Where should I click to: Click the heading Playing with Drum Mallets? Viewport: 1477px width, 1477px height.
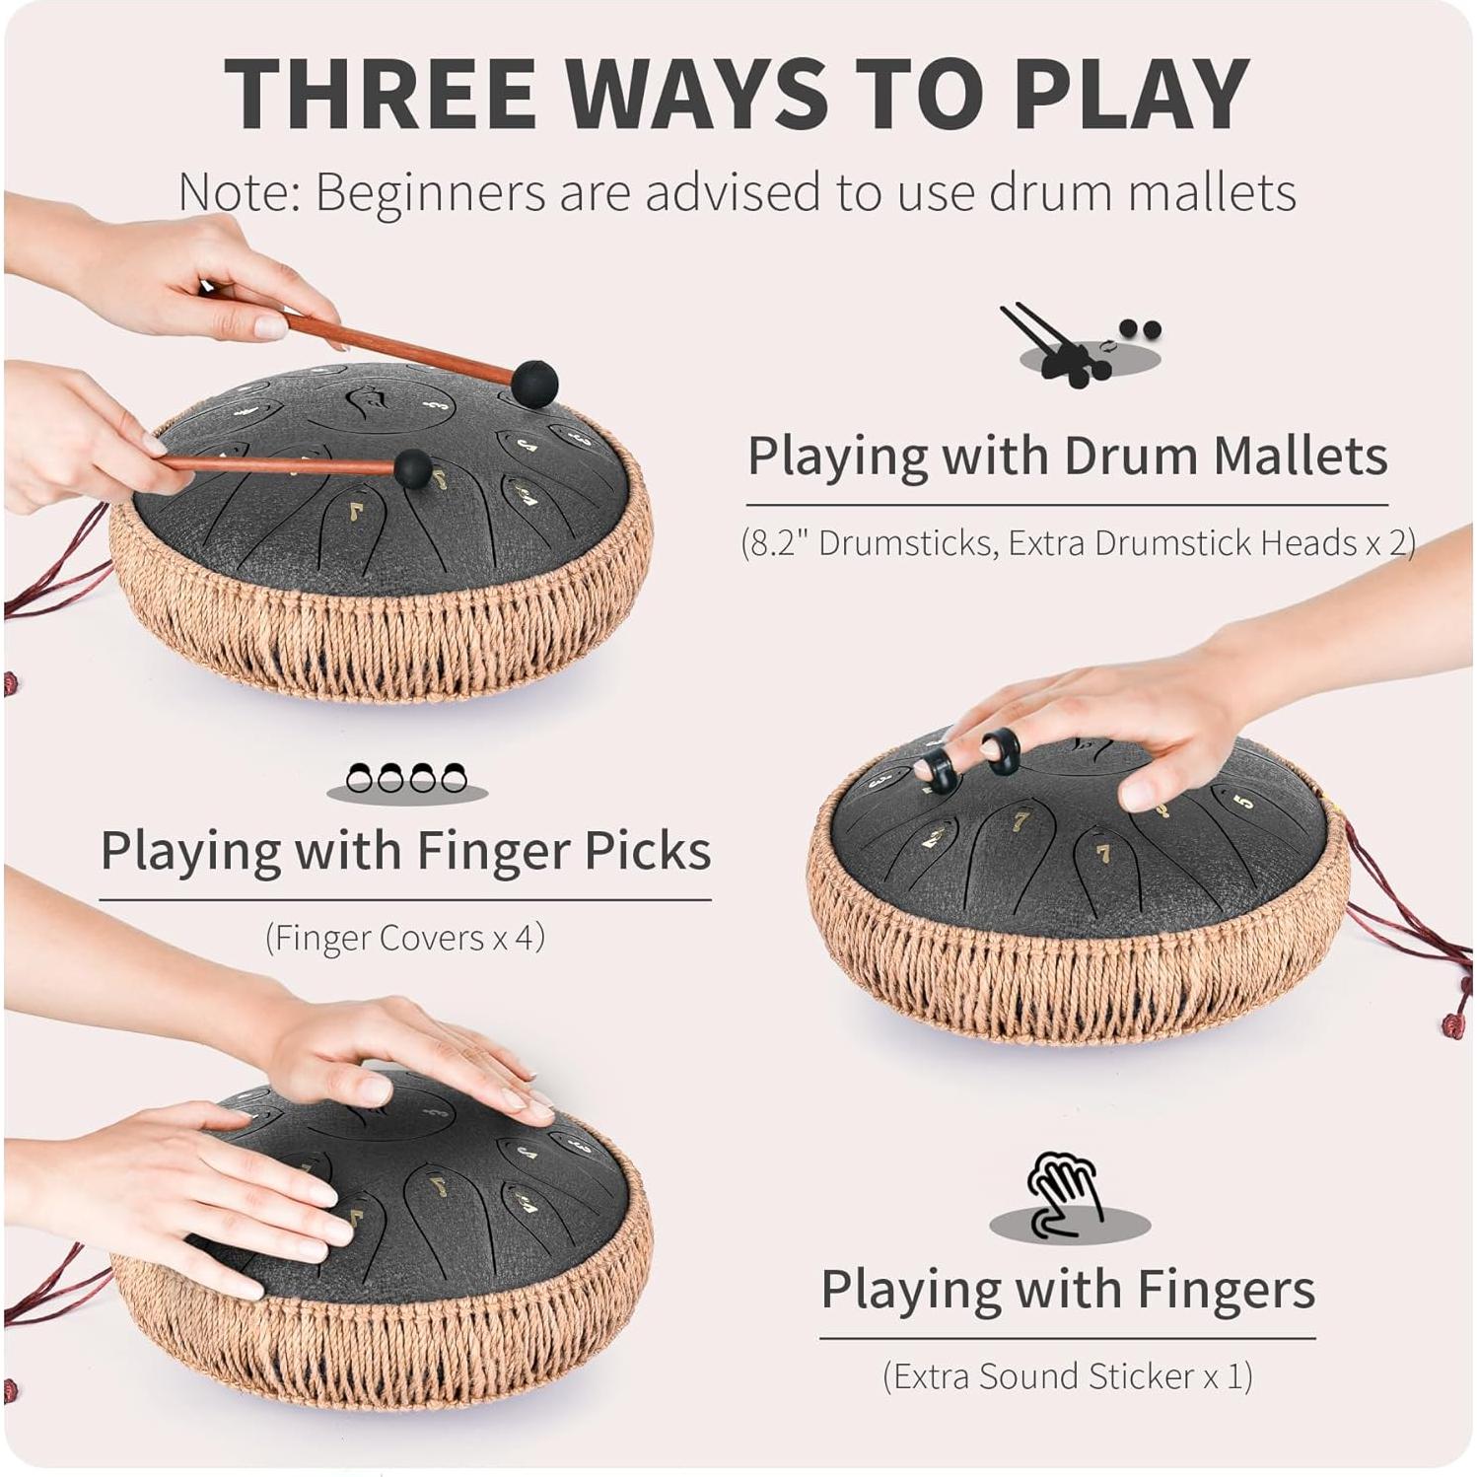click(1067, 456)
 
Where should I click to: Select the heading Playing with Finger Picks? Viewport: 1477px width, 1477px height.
click(405, 850)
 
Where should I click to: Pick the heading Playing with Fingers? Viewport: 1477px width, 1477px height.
click(1067, 1289)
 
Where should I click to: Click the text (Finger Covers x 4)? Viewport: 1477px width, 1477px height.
click(404, 937)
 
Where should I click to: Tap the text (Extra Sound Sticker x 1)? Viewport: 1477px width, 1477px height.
click(1067, 1375)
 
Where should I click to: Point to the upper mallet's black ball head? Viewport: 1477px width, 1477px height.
click(534, 383)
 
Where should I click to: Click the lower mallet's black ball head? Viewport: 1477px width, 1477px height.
click(413, 469)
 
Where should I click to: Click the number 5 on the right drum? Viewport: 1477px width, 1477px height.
click(1244, 801)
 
